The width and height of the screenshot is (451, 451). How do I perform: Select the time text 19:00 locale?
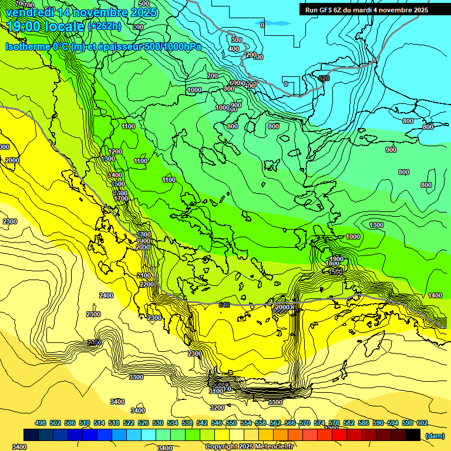[46, 26]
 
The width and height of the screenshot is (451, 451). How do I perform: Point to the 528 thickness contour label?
[324, 78]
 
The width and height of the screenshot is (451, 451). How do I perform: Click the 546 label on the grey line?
[224, 305]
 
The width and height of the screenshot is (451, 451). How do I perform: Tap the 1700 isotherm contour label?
[122, 199]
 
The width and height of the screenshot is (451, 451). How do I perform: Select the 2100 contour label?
[144, 275]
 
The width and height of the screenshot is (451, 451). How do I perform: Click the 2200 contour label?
[147, 284]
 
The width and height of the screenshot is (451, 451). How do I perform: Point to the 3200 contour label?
[217, 408]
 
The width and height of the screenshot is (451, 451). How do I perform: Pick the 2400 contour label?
[106, 295]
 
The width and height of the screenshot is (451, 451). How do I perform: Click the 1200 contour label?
[115, 152]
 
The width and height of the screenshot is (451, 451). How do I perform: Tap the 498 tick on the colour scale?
[41, 423]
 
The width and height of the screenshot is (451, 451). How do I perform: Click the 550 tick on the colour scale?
[231, 423]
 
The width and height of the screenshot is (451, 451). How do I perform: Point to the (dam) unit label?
[435, 436]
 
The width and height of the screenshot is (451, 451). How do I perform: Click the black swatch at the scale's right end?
[412, 435]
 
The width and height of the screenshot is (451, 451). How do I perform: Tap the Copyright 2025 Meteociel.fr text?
[250, 446]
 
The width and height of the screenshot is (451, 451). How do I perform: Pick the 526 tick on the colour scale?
[143, 423]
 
